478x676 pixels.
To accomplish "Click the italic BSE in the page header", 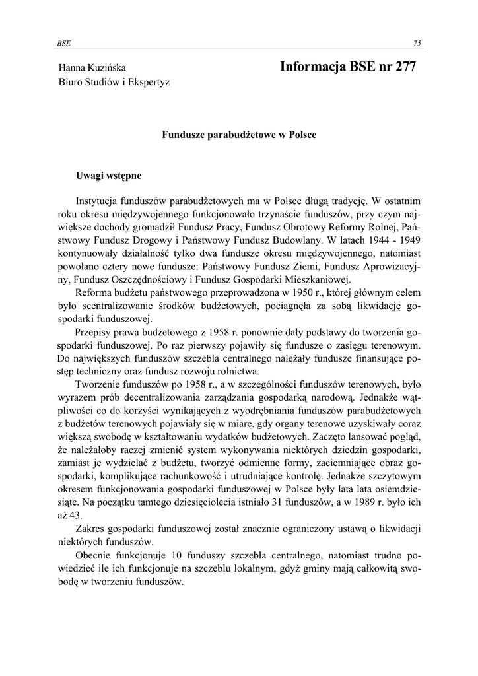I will click(x=63, y=43).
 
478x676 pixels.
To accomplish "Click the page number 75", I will click(x=417, y=43).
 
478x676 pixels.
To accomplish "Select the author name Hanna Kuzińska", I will click(x=92, y=67).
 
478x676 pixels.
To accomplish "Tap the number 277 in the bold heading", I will click(x=402, y=67).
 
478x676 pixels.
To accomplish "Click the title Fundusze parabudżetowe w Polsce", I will click(x=239, y=135).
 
